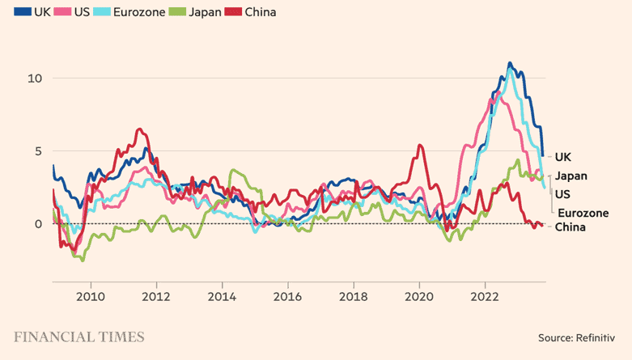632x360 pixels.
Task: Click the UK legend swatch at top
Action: [22, 13]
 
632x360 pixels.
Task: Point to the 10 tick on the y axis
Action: [35, 78]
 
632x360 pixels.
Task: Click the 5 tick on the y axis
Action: [38, 151]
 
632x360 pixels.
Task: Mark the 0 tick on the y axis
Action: [38, 224]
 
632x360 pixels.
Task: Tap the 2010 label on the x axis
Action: [90, 296]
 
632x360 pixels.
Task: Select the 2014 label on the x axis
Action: [222, 296]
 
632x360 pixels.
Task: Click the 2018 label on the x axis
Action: [354, 296]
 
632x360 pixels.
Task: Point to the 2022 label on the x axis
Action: [486, 296]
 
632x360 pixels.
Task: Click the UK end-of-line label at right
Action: [563, 156]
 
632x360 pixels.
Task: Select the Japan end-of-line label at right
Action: [571, 176]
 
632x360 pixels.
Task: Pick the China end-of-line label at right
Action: [570, 227]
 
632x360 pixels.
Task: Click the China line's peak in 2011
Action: [139, 129]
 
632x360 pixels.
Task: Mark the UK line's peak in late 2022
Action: [510, 62]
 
